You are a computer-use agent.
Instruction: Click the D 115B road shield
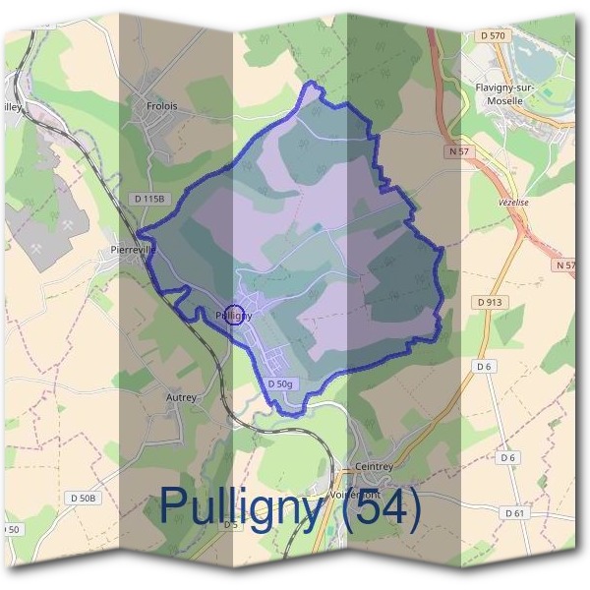click(x=150, y=198)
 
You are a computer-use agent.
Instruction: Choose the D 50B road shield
click(x=84, y=500)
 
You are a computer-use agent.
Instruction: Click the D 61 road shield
click(x=513, y=513)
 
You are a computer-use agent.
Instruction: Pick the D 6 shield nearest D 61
click(x=507, y=457)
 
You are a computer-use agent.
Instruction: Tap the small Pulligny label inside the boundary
click(x=234, y=315)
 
